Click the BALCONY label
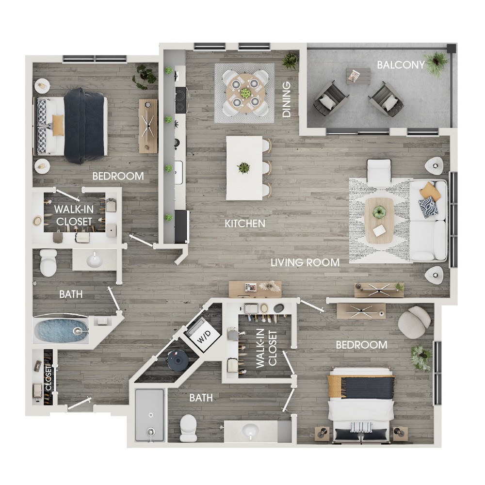[401, 65]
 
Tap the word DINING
[287, 99]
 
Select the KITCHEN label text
[244, 223]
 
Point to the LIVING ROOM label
[305, 262]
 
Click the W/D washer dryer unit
[203, 334]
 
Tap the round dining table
[244, 93]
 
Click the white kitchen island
[244, 168]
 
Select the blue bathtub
[61, 330]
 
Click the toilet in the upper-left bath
[48, 262]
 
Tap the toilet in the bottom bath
[188, 428]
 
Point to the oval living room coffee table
[379, 221]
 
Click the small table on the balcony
[358, 76]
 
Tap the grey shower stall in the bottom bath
[150, 415]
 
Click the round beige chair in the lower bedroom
[414, 322]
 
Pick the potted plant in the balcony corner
[436, 64]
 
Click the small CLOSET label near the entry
[48, 378]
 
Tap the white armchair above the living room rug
[379, 171]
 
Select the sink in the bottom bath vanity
[250, 430]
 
